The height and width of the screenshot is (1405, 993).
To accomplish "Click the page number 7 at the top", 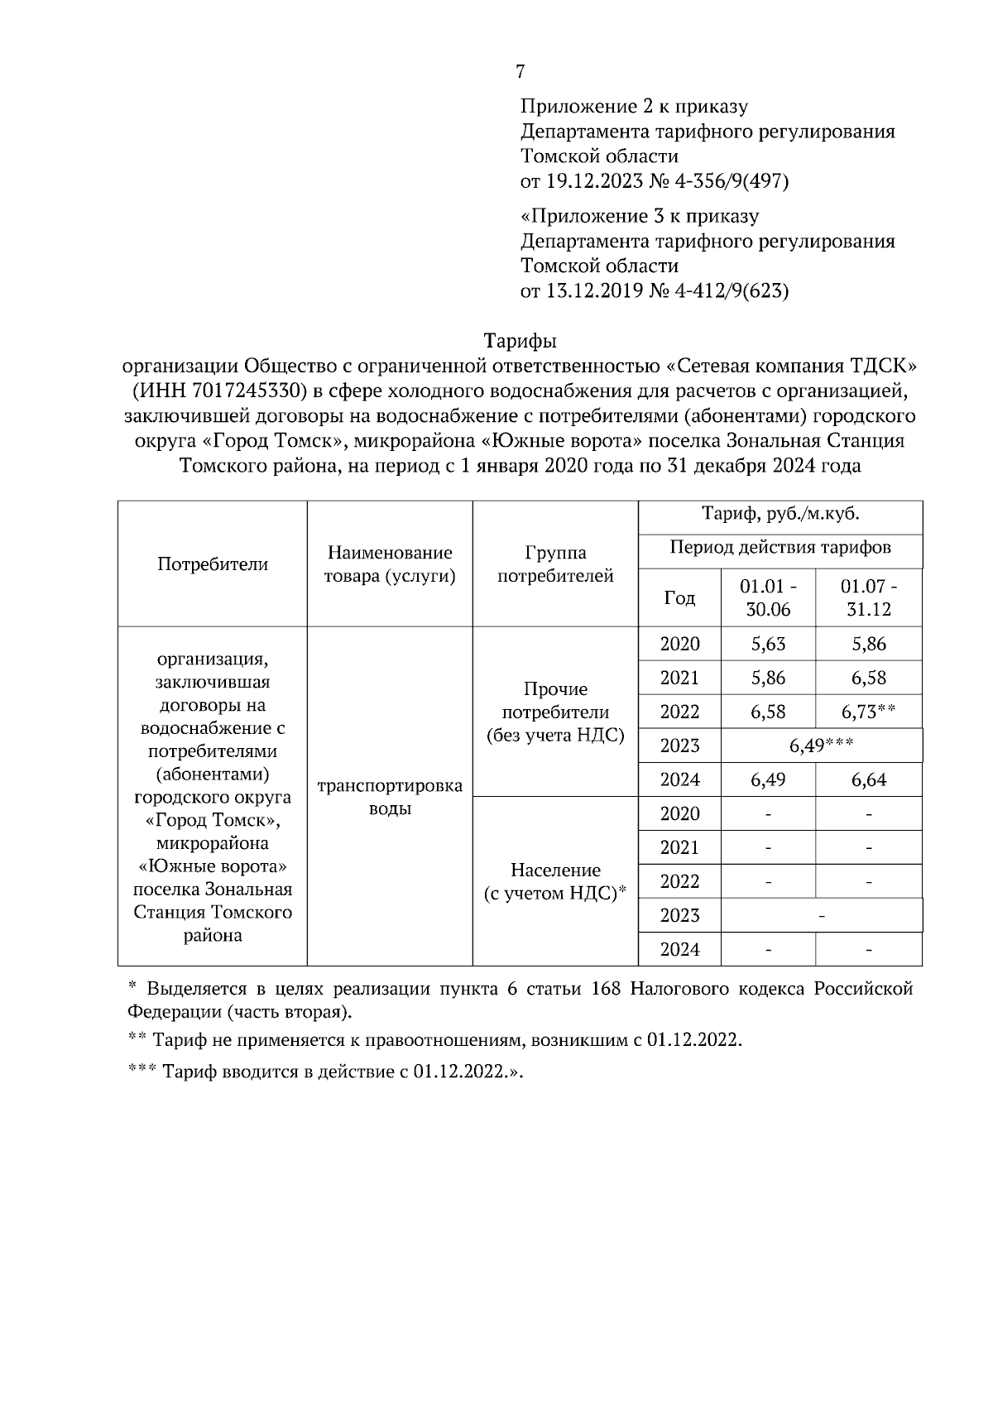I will [520, 72].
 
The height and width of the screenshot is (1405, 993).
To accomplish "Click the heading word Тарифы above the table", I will [520, 341].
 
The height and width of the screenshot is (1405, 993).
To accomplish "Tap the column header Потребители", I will [213, 564].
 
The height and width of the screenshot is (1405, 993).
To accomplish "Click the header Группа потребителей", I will [555, 564].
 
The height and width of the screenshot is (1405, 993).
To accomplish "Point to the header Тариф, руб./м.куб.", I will [780, 514].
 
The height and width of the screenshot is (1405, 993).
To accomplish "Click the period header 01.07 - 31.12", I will [868, 597].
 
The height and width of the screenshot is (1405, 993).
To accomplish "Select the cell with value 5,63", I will [768, 644].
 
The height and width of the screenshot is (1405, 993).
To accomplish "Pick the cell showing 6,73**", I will [868, 712].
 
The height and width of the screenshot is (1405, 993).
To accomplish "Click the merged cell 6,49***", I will [821, 746].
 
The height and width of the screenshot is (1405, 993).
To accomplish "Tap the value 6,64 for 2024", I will [868, 779].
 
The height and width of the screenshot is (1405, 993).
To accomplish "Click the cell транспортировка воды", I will [390, 797].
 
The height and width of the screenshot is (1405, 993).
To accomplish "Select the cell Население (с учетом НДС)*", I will [555, 881].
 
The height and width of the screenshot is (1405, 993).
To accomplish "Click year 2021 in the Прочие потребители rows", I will [679, 678].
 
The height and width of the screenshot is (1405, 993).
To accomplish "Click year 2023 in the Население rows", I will [679, 915].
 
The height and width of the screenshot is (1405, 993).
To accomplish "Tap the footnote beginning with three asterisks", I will [327, 1072].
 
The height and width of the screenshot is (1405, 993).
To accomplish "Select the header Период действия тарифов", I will [780, 548].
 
